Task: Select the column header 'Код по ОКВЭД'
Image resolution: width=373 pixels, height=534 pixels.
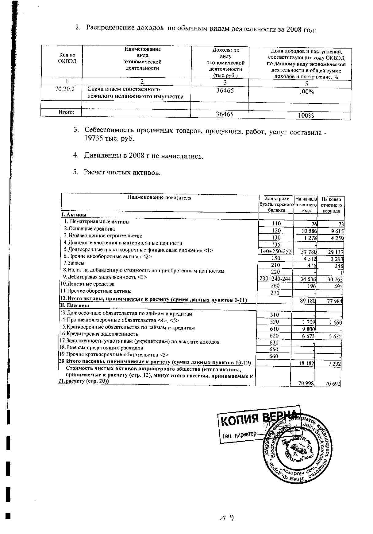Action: pos(67,58)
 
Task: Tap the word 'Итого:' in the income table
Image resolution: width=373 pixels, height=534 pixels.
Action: pos(67,112)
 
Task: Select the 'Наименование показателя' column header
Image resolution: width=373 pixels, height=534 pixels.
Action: pos(159,198)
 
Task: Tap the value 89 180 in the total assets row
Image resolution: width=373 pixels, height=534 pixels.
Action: pos(308,301)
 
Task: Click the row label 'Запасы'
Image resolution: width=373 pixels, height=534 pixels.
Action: pos(74,263)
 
